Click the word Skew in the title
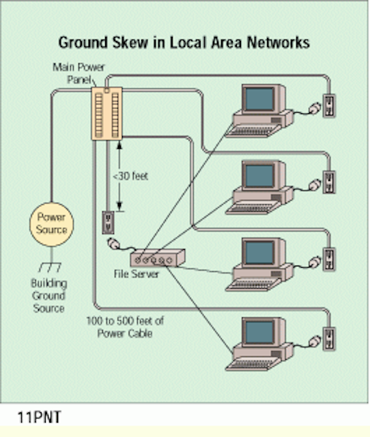tap(130, 42)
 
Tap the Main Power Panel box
tap(107, 113)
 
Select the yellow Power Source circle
tap(52, 225)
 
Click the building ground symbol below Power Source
tap(50, 267)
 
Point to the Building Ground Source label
tap(48, 296)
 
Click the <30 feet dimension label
tap(130, 176)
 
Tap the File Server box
tap(158, 258)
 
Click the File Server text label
tap(137, 274)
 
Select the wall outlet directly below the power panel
tap(108, 223)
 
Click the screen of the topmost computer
tap(259, 98)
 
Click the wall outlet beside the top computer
tap(329, 106)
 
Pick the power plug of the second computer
tap(314, 185)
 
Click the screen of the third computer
tap(259, 253)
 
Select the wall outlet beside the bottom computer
tap(329, 339)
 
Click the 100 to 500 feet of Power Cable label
tap(125, 327)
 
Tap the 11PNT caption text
tap(39, 417)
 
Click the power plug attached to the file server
tap(114, 243)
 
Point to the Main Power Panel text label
tap(79, 73)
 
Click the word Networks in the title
tap(279, 42)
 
